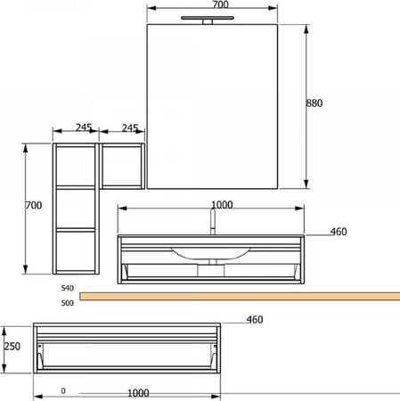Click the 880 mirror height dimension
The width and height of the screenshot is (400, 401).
click(x=314, y=103)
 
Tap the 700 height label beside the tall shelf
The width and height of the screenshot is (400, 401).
click(x=34, y=206)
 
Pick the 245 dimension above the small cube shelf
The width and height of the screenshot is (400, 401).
click(x=130, y=128)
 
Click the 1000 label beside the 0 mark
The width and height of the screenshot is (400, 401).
click(x=137, y=391)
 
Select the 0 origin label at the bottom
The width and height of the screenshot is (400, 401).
click(x=63, y=391)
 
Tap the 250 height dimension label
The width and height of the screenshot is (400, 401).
click(x=11, y=347)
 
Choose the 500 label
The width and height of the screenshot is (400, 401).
click(x=67, y=303)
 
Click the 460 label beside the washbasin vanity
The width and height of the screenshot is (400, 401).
click(x=339, y=232)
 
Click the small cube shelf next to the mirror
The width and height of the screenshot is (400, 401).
click(x=121, y=166)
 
